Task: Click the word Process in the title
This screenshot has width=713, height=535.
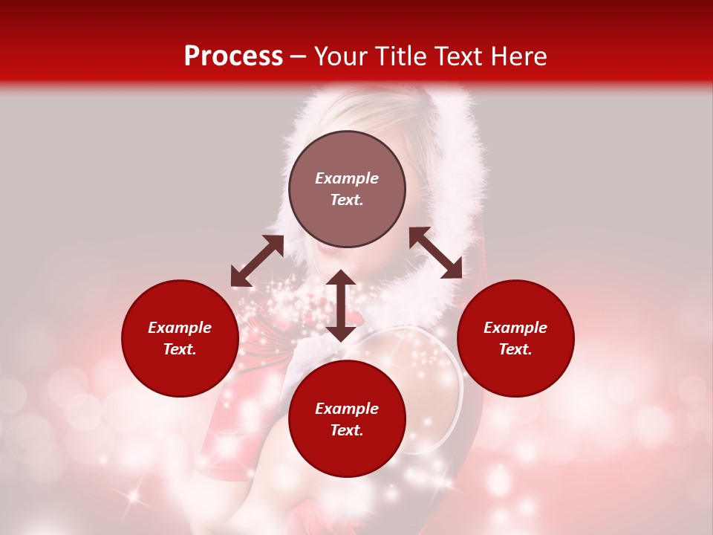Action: tap(233, 56)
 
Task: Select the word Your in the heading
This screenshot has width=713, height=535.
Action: tap(342, 56)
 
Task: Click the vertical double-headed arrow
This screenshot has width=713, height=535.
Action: tap(341, 305)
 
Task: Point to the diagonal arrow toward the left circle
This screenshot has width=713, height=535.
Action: tap(257, 261)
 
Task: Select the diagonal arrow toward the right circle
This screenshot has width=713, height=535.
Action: tap(435, 253)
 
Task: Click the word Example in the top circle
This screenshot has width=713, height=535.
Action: tap(347, 178)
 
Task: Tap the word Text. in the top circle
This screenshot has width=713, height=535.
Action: tap(347, 200)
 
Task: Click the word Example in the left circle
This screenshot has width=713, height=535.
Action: tap(180, 328)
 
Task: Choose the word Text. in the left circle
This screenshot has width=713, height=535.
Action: tap(180, 349)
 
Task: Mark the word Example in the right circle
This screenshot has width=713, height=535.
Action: tap(515, 328)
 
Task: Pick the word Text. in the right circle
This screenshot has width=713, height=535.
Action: tap(515, 349)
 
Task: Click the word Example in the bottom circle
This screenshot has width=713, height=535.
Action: tap(347, 409)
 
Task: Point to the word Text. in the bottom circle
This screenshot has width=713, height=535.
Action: tap(347, 430)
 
